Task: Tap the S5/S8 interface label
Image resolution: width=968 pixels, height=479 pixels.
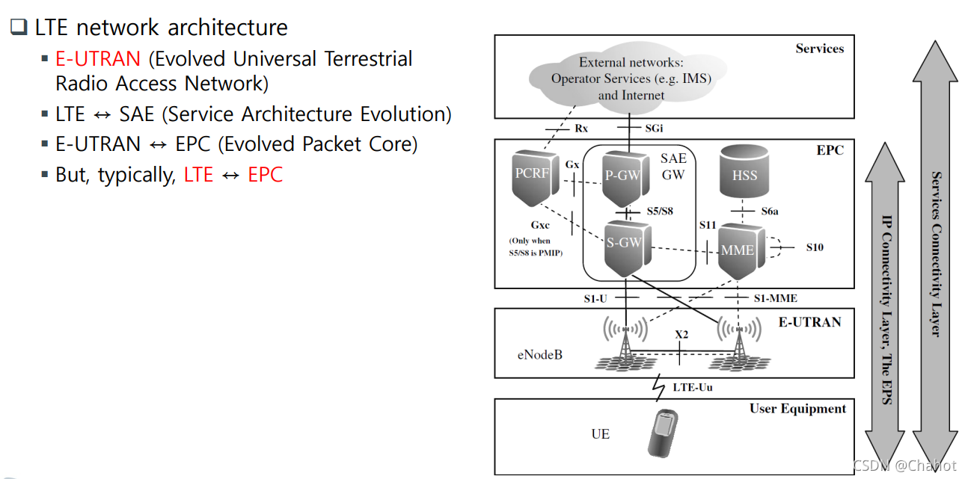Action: [660, 211]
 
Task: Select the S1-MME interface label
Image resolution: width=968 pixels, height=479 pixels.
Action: [775, 298]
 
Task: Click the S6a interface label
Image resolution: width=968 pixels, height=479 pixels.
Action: [770, 211]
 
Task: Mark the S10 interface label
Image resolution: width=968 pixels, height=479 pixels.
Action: [814, 247]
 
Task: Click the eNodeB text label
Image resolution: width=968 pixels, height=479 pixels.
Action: [539, 353]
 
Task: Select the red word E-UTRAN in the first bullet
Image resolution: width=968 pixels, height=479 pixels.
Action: [98, 59]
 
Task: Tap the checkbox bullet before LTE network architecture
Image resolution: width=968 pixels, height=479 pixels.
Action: [18, 28]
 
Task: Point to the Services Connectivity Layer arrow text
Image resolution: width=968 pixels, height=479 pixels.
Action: [934, 254]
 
